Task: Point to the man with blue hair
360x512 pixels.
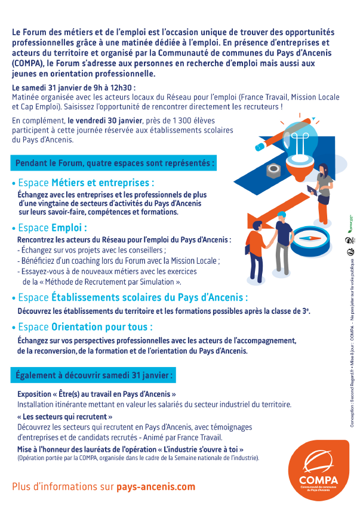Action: pyautogui.click(x=284, y=245)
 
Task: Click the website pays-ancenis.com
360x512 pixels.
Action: pyautogui.click(x=155, y=486)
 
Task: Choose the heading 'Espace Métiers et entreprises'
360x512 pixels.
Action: pyautogui.click(x=86, y=182)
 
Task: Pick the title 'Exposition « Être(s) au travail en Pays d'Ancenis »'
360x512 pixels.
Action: pyautogui.click(x=97, y=394)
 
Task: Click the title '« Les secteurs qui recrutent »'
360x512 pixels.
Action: pyautogui.click(x=65, y=417)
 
